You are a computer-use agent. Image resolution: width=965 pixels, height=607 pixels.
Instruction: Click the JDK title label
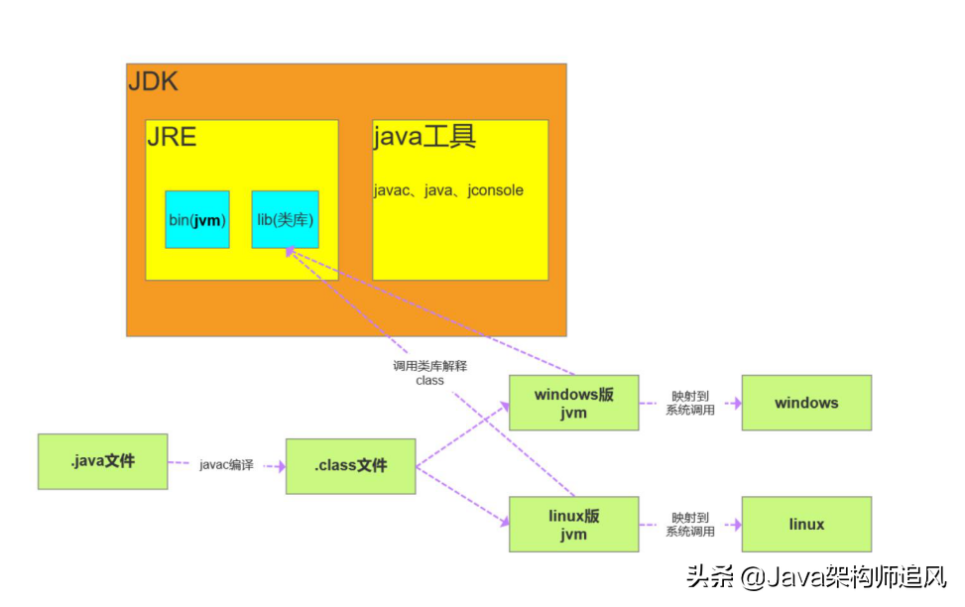click(154, 81)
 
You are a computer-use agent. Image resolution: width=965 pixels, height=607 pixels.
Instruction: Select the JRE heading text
click(172, 137)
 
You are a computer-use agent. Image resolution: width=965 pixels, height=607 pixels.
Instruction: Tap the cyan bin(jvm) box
click(197, 219)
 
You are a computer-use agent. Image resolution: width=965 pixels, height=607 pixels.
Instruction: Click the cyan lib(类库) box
click(285, 219)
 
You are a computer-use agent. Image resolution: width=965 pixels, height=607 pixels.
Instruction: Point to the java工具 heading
click(424, 137)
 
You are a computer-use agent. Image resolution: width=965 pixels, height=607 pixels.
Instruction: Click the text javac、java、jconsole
click(448, 190)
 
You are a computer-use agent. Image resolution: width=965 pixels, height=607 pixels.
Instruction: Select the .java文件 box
click(102, 461)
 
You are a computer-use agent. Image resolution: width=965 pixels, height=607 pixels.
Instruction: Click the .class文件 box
click(350, 466)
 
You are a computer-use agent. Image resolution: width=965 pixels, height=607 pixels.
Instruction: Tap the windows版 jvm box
click(573, 403)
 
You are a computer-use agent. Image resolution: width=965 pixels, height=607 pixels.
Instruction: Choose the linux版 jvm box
click(573, 525)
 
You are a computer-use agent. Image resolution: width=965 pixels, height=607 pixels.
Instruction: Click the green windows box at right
click(806, 403)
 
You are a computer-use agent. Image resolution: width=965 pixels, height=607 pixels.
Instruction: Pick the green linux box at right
click(806, 525)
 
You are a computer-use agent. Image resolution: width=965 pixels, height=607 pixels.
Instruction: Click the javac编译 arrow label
click(226, 464)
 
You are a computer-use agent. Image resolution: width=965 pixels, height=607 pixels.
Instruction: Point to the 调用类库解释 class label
click(429, 373)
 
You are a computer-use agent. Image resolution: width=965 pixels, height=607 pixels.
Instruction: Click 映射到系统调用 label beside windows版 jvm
click(690, 403)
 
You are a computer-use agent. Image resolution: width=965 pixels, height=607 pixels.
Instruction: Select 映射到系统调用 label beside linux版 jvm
click(690, 525)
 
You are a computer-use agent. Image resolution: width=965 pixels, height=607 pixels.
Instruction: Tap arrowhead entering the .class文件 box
click(280, 464)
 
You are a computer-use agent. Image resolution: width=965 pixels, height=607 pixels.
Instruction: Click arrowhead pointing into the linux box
click(736, 525)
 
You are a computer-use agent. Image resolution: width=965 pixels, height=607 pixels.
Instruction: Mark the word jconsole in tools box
click(495, 190)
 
